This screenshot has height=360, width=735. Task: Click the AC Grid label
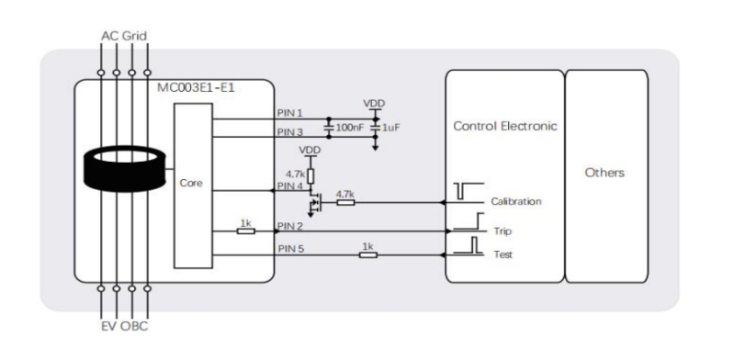coord(122,36)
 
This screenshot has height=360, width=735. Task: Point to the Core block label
coord(192,184)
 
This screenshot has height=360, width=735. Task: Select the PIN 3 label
coord(290,132)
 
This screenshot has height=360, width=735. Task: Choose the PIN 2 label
coord(290,226)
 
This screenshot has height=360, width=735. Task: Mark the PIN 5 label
coord(290,248)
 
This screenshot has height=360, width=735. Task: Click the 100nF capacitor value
coord(349,127)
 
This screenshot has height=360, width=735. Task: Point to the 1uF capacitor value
coord(390,127)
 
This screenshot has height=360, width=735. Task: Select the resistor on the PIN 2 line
coord(245,231)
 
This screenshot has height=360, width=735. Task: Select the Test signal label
coord(503,254)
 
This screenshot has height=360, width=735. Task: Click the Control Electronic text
coord(504,126)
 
